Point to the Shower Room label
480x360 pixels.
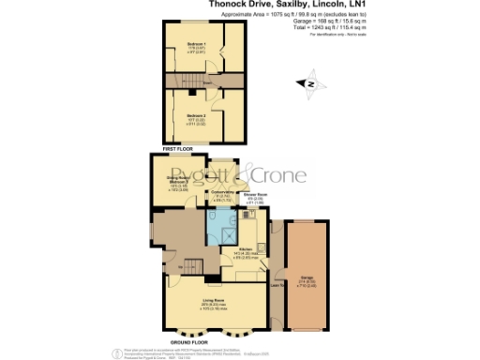[257, 199]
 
